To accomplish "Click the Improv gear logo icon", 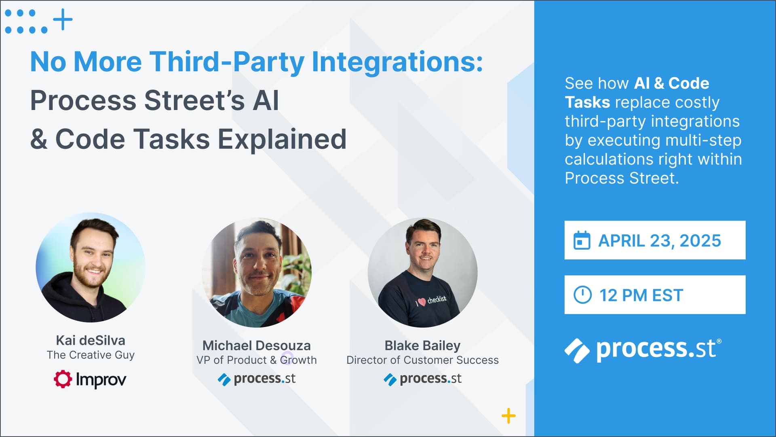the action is [63, 379].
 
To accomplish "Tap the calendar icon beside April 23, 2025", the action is [582, 240].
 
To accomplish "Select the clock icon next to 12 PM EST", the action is [582, 295].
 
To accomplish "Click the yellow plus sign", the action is [508, 416].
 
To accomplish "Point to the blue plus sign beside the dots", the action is [63, 19].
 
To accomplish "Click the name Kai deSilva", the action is [91, 340].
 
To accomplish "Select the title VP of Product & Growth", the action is [257, 360].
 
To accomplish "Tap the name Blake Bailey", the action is [422, 346].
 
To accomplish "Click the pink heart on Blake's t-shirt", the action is [422, 302].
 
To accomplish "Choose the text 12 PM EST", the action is [641, 295].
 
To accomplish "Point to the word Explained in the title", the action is [282, 139].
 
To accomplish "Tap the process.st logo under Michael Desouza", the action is [257, 379].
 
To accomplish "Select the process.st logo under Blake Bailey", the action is [422, 379].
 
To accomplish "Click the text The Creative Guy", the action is [91, 355].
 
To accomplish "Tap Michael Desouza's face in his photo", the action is [257, 265].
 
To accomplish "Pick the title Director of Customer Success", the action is [422, 360].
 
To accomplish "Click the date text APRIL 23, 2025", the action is [660, 241].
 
